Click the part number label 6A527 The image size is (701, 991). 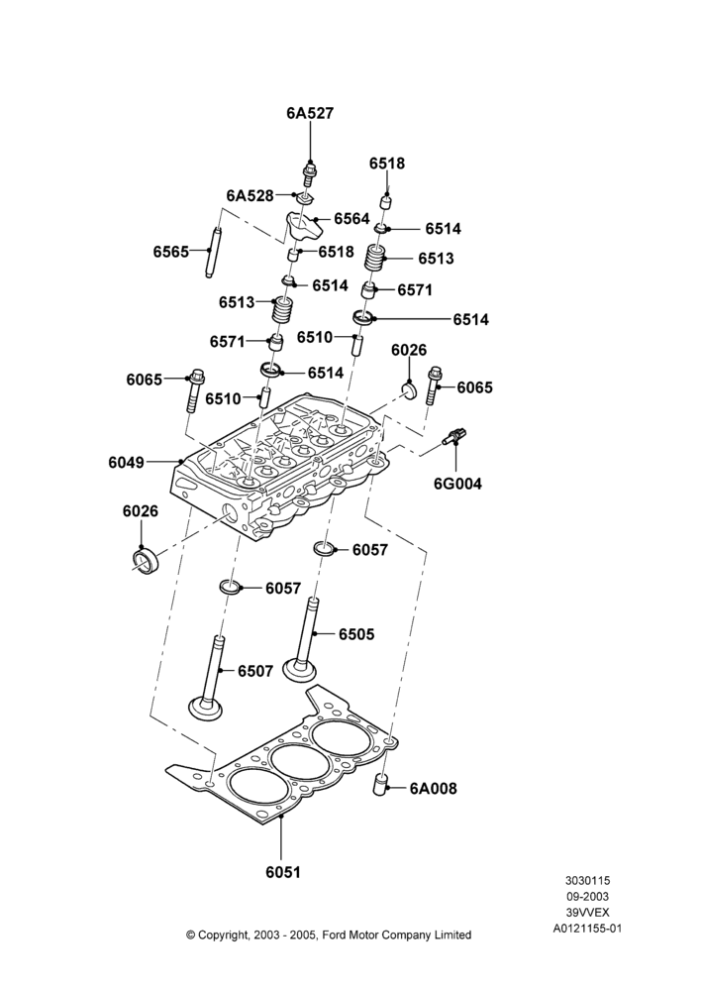click(310, 113)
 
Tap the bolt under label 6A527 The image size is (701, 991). click(310, 173)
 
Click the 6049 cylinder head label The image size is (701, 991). click(127, 462)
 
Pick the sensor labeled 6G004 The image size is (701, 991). click(454, 437)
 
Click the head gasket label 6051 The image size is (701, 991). click(283, 872)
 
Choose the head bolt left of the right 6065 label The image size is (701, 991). click(434, 385)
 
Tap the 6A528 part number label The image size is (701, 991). click(250, 196)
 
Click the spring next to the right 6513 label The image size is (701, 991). click(377, 258)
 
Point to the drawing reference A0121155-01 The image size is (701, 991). click(587, 929)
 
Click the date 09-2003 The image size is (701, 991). click(587, 896)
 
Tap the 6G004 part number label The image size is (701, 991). click(457, 485)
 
